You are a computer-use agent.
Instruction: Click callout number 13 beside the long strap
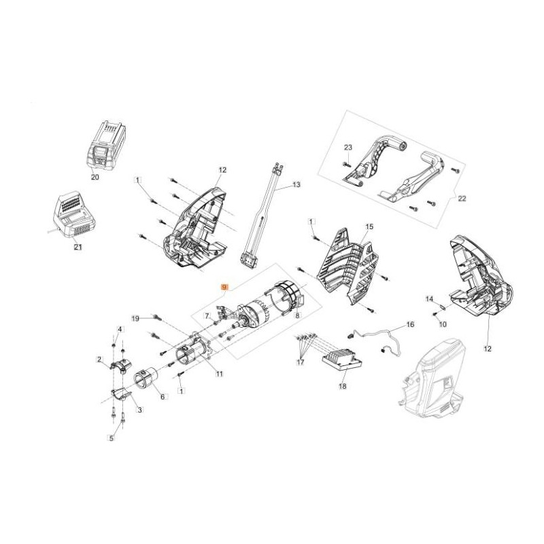(x=296, y=185)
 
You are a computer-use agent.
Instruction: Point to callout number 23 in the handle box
(x=347, y=148)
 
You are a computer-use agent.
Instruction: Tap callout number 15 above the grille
(x=370, y=226)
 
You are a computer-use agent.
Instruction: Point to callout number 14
(x=429, y=299)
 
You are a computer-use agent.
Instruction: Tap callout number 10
(x=443, y=324)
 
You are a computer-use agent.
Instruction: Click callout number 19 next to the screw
(x=135, y=318)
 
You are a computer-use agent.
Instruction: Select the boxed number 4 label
(x=120, y=330)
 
